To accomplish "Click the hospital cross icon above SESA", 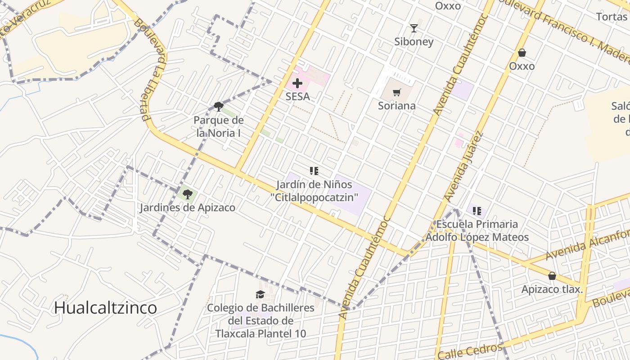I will tap(297, 83).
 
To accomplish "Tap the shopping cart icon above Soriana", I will tap(396, 93).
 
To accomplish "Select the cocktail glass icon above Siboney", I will tap(414, 28).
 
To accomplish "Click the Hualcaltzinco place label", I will tap(105, 308).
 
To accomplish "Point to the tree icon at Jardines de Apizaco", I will tap(187, 194).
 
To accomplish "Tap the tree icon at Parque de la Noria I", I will tap(219, 107).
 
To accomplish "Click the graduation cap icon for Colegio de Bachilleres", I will tap(260, 295).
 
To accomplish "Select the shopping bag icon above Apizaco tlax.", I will tap(552, 276).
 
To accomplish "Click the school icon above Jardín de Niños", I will tap(314, 171).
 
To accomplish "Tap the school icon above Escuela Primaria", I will tap(477, 211).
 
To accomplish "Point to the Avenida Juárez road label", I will tap(463, 166).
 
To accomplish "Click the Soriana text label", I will tap(396, 106).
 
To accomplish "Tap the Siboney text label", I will tap(414, 41).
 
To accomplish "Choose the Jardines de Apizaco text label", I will tap(187, 207).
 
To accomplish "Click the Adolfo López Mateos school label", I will tap(477, 237).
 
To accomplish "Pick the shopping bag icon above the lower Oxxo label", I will tap(522, 53).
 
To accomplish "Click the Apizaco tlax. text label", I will tap(552, 289).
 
